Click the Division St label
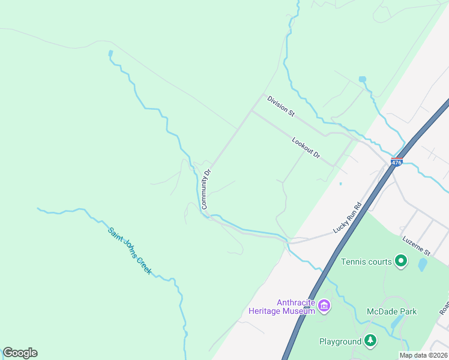click(x=282, y=106)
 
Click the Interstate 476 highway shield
click(x=396, y=162)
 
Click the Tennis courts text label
click(x=366, y=262)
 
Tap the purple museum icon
click(x=324, y=306)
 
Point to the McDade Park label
click(x=391, y=311)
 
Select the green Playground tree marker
click(x=371, y=341)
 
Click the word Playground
click(x=340, y=341)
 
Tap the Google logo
click(x=20, y=353)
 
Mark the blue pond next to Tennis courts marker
click(x=422, y=263)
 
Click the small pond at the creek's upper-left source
click(x=110, y=53)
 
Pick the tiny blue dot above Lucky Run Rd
click(x=340, y=184)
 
